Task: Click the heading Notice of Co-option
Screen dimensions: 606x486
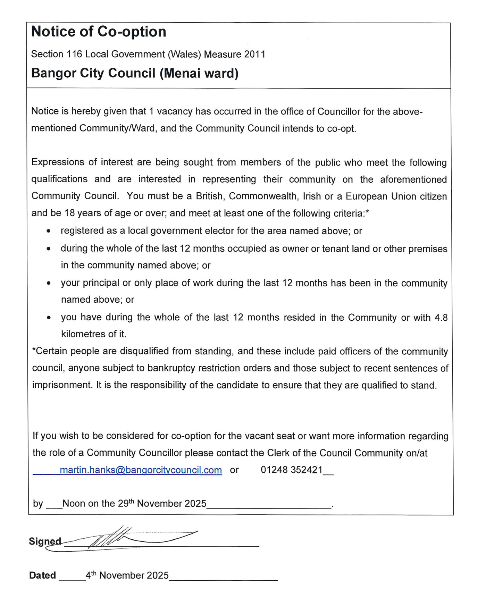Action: (99, 32)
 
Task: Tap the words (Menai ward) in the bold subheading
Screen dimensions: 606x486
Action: (199, 73)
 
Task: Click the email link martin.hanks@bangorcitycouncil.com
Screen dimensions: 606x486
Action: (141, 470)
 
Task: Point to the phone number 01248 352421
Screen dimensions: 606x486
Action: (292, 470)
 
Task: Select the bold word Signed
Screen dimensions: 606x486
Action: (45, 541)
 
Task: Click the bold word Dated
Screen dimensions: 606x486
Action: (42, 575)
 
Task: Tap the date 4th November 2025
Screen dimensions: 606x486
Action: (127, 575)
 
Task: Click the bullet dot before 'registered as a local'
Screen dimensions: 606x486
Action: (49, 231)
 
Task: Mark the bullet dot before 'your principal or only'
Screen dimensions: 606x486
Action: (49, 283)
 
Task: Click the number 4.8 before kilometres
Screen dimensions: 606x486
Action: (441, 318)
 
